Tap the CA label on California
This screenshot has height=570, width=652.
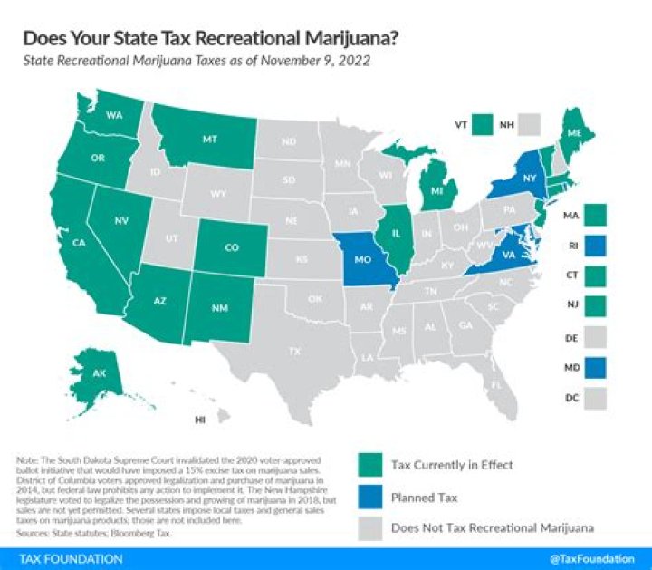[79, 242]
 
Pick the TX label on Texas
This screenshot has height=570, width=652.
[294, 350]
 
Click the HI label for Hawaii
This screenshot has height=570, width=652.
[200, 420]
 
